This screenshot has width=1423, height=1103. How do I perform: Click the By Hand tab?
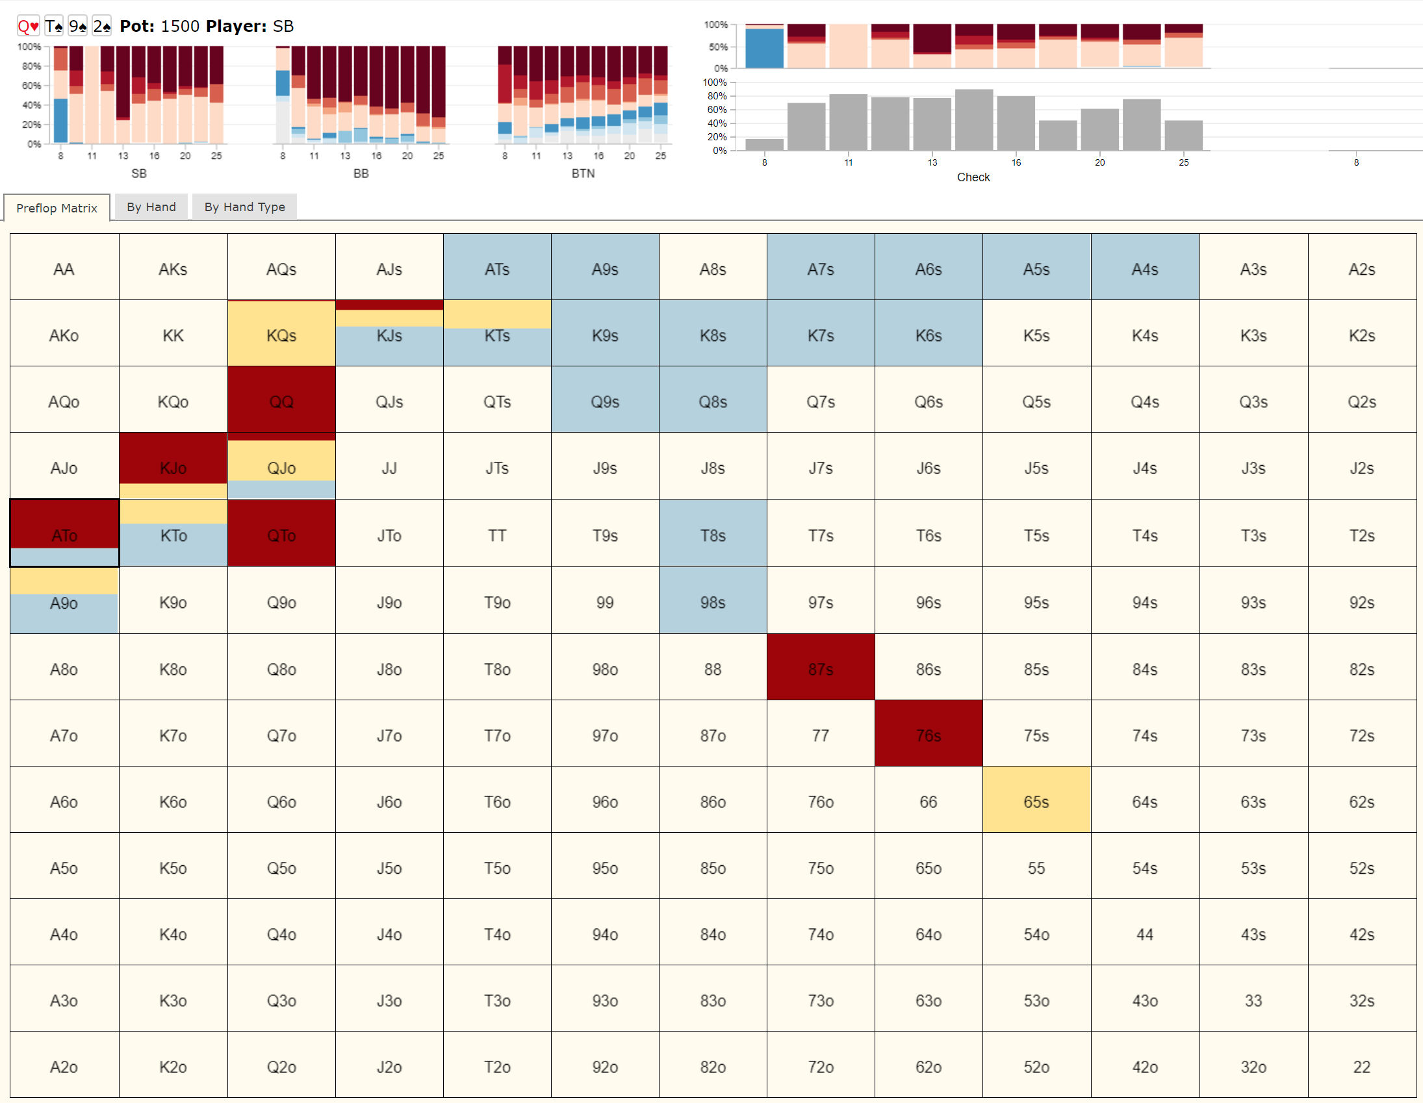click(x=151, y=207)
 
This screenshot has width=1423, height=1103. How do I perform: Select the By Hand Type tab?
click(x=244, y=207)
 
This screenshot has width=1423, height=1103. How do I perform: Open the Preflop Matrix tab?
click(x=57, y=208)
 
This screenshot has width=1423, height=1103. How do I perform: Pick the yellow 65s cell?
click(x=1036, y=801)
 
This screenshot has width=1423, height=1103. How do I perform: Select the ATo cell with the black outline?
click(x=64, y=533)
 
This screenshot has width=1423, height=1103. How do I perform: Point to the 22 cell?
click(x=1361, y=1066)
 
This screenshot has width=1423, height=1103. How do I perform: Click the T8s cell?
click(x=713, y=534)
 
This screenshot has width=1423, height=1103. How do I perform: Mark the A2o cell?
click(x=64, y=1066)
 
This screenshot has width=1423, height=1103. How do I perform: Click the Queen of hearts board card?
click(x=28, y=26)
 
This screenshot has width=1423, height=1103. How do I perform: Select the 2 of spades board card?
click(x=101, y=26)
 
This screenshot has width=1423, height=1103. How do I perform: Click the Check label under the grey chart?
click(x=973, y=177)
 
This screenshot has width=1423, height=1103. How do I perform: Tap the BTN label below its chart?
click(x=582, y=173)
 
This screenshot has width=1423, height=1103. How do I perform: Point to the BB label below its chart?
click(x=361, y=173)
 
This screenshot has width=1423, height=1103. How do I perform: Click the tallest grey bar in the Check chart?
click(x=973, y=120)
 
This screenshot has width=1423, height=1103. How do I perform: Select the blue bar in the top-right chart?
click(x=764, y=48)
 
